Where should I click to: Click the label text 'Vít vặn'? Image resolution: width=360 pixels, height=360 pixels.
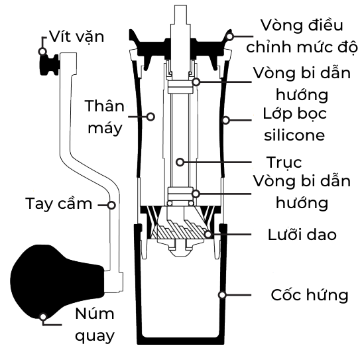pos(77,36)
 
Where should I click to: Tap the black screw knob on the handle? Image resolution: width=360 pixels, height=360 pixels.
pos(49,64)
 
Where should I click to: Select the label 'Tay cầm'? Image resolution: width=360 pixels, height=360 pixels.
pos(59,204)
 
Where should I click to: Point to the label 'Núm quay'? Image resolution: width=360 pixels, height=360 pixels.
pos(95,325)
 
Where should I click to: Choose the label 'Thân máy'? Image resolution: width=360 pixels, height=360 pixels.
pos(105,117)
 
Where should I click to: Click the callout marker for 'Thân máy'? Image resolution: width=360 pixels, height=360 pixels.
pos(150,117)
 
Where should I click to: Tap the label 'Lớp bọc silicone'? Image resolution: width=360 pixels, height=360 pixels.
pos(294,124)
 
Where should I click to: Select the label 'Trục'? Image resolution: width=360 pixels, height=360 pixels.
pos(284,162)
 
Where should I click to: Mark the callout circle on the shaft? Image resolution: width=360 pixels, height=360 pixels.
pos(180,162)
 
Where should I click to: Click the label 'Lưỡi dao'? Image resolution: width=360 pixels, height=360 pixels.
pos(302,235)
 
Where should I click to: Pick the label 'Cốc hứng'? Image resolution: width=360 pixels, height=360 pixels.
pos(310,295)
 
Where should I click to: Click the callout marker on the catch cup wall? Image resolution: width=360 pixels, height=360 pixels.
pos(222,295)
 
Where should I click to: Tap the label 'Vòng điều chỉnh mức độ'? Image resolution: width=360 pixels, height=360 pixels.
pos(302,36)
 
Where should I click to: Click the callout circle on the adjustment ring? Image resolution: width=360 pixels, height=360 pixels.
pos(229,36)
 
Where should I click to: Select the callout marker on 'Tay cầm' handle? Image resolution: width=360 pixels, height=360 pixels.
pos(111,205)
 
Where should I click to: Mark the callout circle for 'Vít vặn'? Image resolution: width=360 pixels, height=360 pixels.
pos(42,52)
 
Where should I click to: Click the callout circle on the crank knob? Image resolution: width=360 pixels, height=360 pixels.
pos(43,317)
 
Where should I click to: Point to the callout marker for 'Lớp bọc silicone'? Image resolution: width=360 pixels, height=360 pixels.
pos(226,120)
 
